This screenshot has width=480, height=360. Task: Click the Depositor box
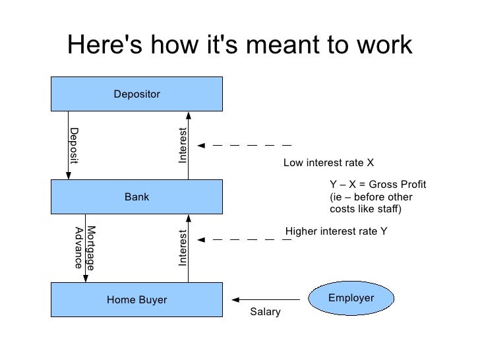click(x=137, y=94)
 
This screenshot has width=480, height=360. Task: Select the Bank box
click(x=137, y=197)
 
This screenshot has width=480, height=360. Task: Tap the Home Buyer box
click(x=137, y=301)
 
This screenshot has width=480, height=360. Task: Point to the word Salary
click(x=265, y=312)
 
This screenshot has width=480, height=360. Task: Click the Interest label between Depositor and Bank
click(x=183, y=144)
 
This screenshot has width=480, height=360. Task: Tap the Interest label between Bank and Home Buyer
click(x=183, y=247)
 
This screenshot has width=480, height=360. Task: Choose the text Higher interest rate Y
click(x=336, y=231)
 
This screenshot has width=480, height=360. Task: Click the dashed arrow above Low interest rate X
click(x=244, y=144)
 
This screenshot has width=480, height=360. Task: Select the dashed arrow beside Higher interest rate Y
click(x=244, y=239)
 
